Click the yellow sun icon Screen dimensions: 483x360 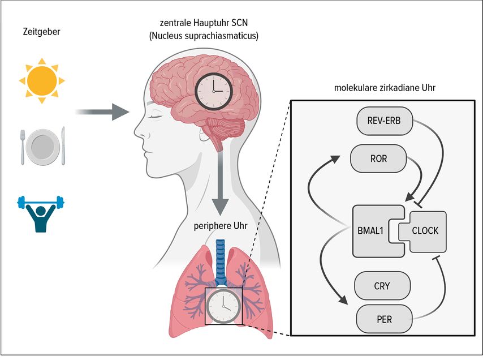[x=42, y=81]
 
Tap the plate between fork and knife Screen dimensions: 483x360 [x=43, y=146]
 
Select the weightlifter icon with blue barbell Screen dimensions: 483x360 [x=41, y=213]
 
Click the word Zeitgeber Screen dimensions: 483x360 [x=42, y=32]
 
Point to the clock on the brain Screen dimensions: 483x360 [x=213, y=92]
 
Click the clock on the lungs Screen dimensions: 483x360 [x=223, y=306]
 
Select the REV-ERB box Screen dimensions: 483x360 [x=385, y=121]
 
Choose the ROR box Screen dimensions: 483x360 [x=378, y=158]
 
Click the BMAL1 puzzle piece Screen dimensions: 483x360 [x=374, y=231]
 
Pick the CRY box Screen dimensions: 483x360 [x=382, y=286]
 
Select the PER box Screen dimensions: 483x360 [x=384, y=319]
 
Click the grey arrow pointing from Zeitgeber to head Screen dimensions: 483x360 [x=102, y=112]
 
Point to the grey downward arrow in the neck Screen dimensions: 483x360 [x=220, y=184]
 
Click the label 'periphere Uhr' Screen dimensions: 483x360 [x=221, y=226]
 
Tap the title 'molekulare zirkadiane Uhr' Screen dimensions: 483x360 [x=385, y=88]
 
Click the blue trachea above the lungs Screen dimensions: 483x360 [x=221, y=262]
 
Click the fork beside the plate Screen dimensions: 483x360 [x=23, y=147]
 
